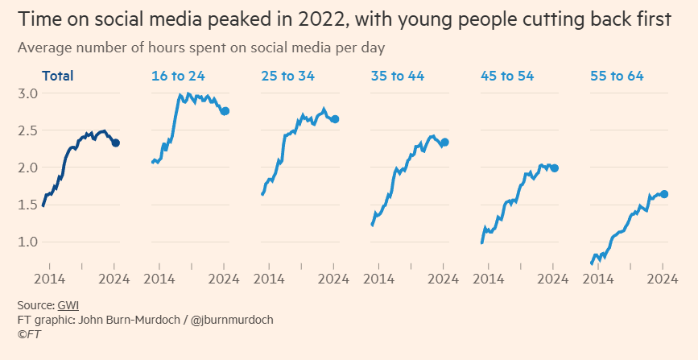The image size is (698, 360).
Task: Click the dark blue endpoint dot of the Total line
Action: (116, 143)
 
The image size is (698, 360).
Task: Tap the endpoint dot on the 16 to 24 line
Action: (225, 111)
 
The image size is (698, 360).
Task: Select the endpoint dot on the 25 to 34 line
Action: (335, 119)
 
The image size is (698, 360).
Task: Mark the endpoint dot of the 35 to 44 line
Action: (444, 143)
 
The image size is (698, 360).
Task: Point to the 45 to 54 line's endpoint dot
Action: (555, 168)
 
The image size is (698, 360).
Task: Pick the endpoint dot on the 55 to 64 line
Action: (664, 194)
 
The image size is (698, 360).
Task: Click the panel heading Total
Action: (58, 77)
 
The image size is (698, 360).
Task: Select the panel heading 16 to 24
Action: (178, 77)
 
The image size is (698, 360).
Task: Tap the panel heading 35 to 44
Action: (397, 77)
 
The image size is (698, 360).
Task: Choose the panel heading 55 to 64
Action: (617, 77)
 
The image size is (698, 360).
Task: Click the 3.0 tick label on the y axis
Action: (28, 93)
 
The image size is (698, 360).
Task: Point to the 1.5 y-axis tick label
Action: (28, 205)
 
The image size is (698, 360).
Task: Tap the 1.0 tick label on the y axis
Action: (28, 242)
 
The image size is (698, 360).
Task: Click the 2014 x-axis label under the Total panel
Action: (48, 279)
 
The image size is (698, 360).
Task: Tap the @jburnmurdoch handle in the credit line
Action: (232, 320)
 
